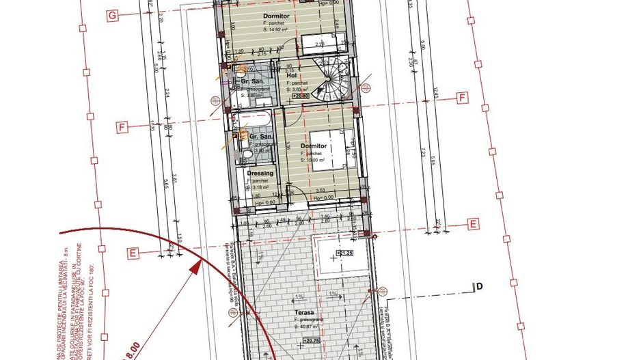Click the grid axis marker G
point(113,14)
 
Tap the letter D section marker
point(480,286)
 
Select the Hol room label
point(290,76)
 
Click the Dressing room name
point(260,174)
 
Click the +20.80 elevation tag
point(301,96)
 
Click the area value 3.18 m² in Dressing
point(262,186)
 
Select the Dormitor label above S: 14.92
point(277,15)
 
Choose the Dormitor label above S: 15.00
point(314,146)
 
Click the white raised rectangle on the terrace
point(340,256)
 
